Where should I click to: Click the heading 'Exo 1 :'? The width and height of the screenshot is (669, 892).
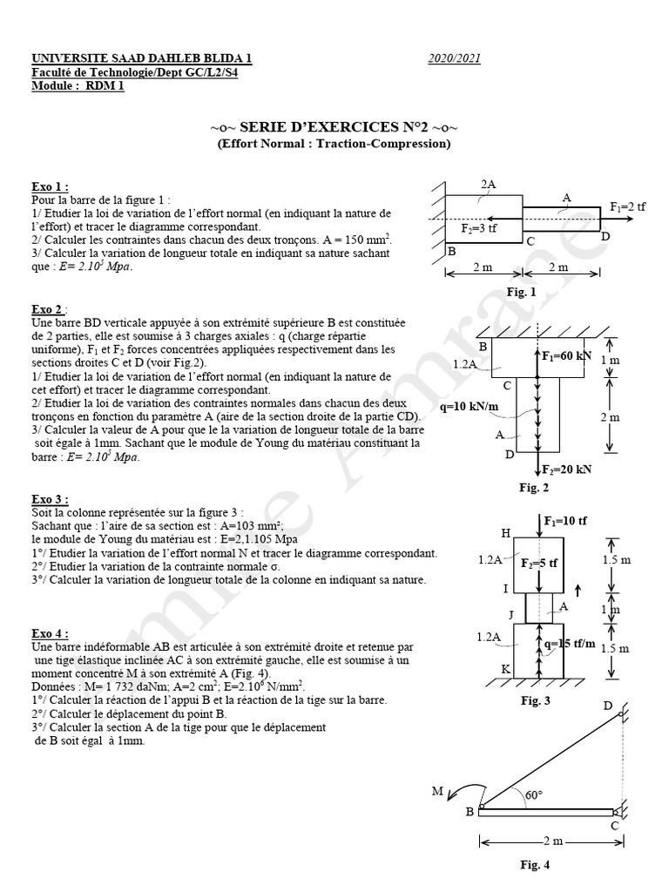pyautogui.click(x=50, y=187)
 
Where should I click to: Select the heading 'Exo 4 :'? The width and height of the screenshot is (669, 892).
pyautogui.click(x=50, y=634)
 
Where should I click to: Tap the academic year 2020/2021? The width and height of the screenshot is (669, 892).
pyautogui.click(x=454, y=58)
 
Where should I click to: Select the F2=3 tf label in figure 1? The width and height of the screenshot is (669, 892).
pyautogui.click(x=479, y=227)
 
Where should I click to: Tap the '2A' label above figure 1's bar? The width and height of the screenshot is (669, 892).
pyautogui.click(x=489, y=184)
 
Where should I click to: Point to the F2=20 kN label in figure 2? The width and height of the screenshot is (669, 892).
pyautogui.click(x=567, y=469)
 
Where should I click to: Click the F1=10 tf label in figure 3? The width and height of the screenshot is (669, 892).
pyautogui.click(x=566, y=521)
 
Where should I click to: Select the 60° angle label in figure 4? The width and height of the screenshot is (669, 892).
pyautogui.click(x=533, y=794)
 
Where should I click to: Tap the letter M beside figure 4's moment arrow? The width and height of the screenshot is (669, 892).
pyautogui.click(x=437, y=790)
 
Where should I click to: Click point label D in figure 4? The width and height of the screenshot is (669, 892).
pyautogui.click(x=608, y=706)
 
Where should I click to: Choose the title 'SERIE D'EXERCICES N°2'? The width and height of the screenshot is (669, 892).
pyautogui.click(x=334, y=127)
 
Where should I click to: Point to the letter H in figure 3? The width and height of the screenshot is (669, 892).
pyautogui.click(x=505, y=533)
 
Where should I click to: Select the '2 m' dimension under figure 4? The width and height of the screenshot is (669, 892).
pyautogui.click(x=552, y=841)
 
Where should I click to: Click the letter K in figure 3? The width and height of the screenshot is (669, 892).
pyautogui.click(x=506, y=668)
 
